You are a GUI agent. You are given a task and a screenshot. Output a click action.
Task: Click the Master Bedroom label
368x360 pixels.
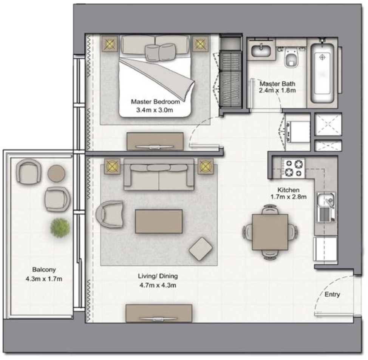[x=155, y=102]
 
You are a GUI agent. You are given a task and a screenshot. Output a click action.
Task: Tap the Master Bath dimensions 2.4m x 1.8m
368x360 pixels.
[x=277, y=90]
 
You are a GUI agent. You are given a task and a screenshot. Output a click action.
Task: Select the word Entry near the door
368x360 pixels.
[x=332, y=294]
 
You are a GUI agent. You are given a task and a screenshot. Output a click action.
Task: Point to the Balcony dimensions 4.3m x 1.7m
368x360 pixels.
[x=44, y=279]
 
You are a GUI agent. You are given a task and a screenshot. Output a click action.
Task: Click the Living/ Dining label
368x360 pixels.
[x=158, y=276]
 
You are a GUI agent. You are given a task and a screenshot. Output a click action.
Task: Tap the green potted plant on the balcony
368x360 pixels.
[x=60, y=228]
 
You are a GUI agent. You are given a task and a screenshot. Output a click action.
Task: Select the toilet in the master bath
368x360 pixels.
[x=291, y=57]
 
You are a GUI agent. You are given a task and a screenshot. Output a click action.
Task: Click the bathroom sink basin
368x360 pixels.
[x=261, y=51]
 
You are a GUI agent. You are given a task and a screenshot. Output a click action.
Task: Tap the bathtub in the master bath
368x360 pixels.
[x=322, y=73]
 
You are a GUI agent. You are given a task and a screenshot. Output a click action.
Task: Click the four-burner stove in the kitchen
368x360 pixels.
[x=293, y=168]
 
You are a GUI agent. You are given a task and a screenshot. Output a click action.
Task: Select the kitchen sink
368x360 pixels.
[x=326, y=207]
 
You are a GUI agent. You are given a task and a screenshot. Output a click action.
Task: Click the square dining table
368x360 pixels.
[x=270, y=232]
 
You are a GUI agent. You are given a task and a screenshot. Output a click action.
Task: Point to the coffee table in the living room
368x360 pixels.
[x=159, y=221]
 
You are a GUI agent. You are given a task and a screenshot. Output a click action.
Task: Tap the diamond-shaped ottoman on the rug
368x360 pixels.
[x=201, y=249]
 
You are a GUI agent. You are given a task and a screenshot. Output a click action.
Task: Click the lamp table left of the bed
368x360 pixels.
[x=110, y=43]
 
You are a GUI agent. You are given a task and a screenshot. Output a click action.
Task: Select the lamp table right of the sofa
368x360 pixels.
[x=206, y=166]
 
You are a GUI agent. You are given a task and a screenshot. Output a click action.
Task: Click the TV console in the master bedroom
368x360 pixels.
[x=155, y=142]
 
